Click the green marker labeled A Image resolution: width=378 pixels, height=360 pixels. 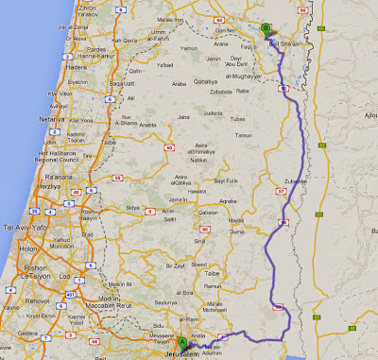pyautogui.click(x=181, y=340)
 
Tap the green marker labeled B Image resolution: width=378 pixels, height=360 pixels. pyautogui.click(x=266, y=28)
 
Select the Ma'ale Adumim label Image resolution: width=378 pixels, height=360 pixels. pyautogui.click(x=218, y=346)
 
